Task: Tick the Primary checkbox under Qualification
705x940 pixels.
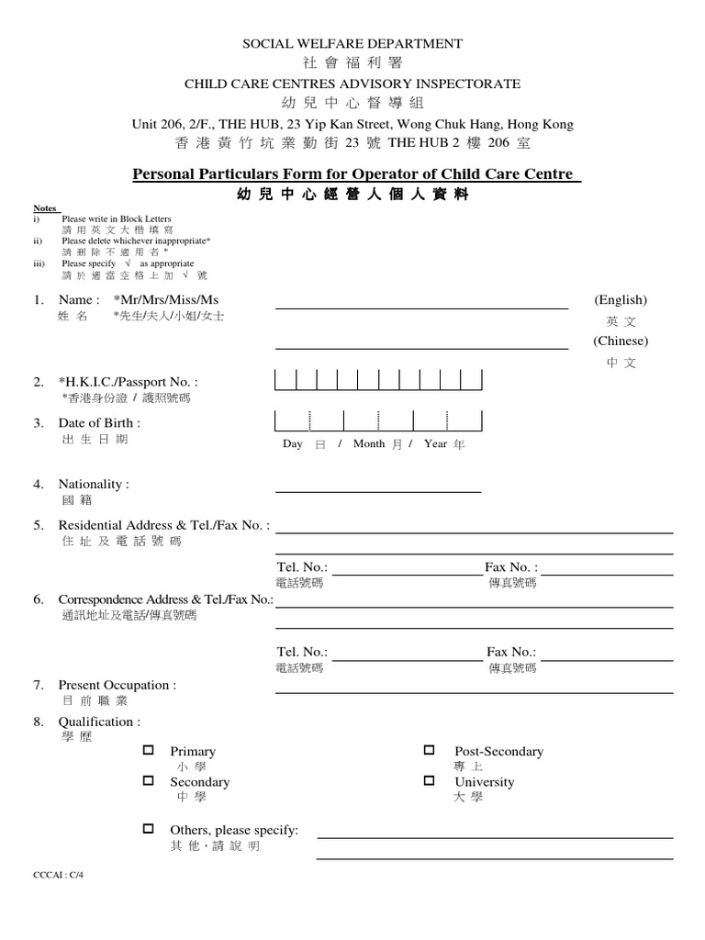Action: [148, 750]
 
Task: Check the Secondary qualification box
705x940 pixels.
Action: [148, 780]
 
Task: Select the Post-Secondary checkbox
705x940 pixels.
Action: [429, 750]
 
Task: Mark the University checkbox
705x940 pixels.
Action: [429, 780]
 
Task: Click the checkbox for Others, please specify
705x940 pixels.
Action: [148, 828]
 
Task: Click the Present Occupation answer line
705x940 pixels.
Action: [474, 693]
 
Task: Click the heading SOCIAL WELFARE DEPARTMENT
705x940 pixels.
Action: [352, 43]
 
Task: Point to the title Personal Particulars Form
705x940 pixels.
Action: [352, 174]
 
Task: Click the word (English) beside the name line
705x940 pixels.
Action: [621, 300]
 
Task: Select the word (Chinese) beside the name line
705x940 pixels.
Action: [621, 341]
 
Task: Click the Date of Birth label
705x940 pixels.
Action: [99, 423]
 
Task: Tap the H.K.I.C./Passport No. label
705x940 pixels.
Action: [128, 382]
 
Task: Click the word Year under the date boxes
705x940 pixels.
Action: [436, 443]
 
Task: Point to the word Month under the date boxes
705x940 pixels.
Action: [369, 443]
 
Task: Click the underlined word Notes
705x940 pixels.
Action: [46, 208]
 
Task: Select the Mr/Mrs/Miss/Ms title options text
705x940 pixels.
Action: [166, 300]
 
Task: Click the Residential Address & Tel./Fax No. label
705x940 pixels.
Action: [164, 525]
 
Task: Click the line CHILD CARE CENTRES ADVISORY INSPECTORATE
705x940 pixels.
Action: [352, 84]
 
